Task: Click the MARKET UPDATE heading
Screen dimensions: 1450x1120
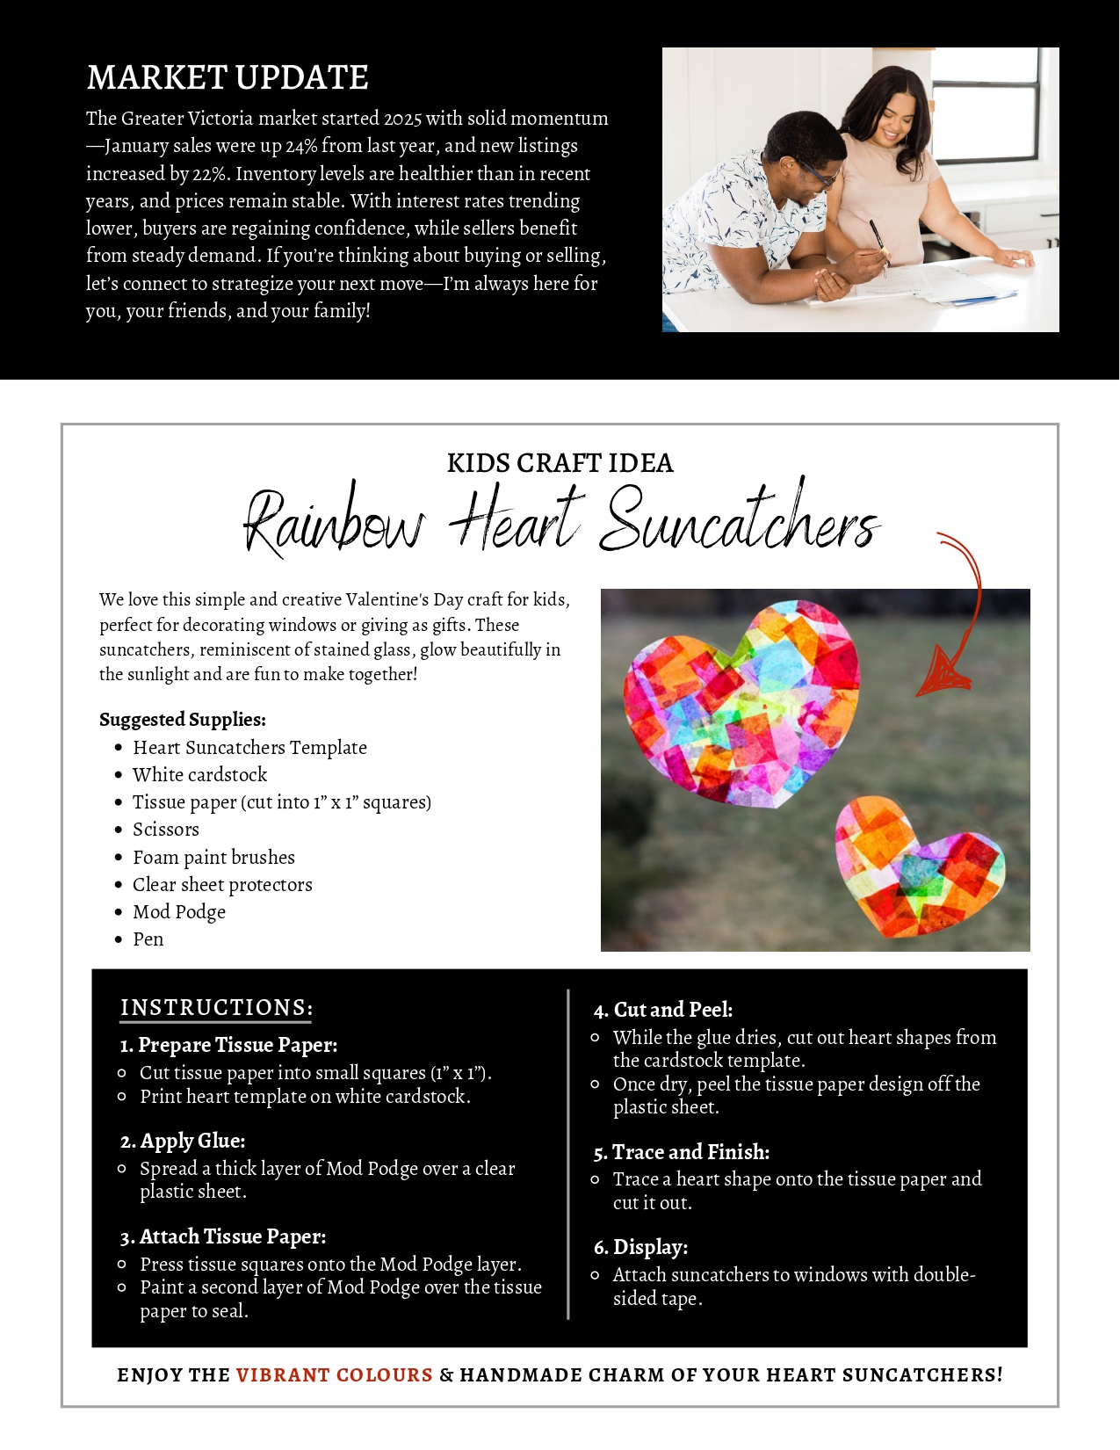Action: click(x=228, y=77)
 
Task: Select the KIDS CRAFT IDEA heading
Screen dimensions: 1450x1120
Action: click(x=560, y=463)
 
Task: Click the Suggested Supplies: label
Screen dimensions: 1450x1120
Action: click(x=183, y=720)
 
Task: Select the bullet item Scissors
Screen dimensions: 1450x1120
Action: click(x=166, y=830)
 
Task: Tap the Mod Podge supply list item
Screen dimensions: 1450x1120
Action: click(x=179, y=912)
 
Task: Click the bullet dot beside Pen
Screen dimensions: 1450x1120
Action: click(x=119, y=939)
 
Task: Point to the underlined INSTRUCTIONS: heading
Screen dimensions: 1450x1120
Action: click(x=216, y=1008)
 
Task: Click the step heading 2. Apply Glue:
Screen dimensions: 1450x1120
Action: click(x=183, y=1141)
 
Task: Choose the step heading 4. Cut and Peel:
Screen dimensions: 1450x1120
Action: click(x=663, y=1010)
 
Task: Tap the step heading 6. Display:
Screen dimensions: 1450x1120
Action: click(x=640, y=1247)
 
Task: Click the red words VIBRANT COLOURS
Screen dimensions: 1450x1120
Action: click(x=334, y=1374)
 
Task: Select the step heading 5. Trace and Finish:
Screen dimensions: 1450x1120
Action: click(x=682, y=1152)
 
